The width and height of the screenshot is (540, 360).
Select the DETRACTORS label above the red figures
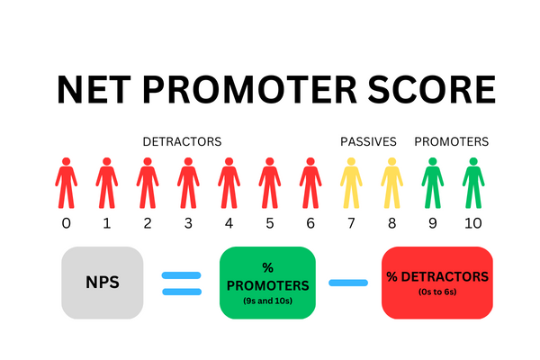coord(182,141)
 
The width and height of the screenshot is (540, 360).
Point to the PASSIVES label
coord(368,141)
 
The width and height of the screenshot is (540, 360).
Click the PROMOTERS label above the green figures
coord(451,141)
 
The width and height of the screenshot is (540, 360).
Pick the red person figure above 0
coord(65,183)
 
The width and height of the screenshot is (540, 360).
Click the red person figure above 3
coord(187,183)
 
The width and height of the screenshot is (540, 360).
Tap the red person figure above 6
coord(310,183)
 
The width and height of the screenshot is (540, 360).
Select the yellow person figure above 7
coord(350,183)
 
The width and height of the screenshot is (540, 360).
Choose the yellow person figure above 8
coord(391,183)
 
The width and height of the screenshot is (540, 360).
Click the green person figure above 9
coord(432,183)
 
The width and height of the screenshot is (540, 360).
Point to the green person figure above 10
coord(473,183)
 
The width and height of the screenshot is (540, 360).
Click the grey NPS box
coord(101,282)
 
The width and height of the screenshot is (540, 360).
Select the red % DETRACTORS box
coord(437,282)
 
